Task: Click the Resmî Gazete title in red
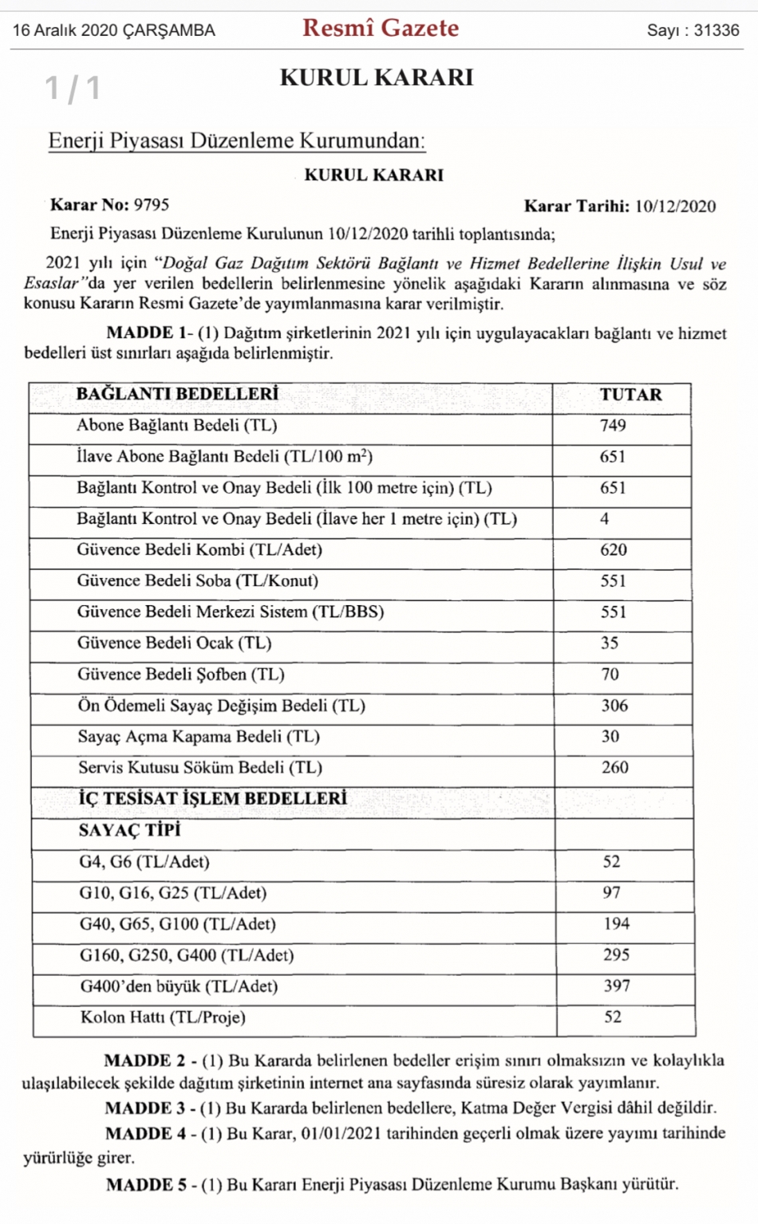coord(381,29)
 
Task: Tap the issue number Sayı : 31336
coord(693,30)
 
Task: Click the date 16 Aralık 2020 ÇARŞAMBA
coord(114,30)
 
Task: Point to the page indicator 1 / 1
coord(73,88)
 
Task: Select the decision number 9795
coord(152,205)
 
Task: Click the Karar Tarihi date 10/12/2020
coord(675,207)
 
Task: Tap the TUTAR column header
coord(630,395)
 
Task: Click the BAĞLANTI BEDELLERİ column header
coord(177,394)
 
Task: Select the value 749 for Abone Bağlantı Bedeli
coord(613,426)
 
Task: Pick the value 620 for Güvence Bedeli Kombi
coord(614,550)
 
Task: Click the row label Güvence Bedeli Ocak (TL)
coord(174,643)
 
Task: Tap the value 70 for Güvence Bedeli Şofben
coord(610,675)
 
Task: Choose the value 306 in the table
coord(614,706)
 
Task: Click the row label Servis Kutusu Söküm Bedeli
coord(199,768)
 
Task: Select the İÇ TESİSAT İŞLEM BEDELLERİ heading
coord(212,799)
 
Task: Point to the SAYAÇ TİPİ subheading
coord(129,830)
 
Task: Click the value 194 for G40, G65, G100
coord(616,924)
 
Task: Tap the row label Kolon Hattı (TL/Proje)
coord(163,1017)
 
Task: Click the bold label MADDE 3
coord(144,1108)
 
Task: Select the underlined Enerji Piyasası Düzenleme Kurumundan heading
coord(236,141)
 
